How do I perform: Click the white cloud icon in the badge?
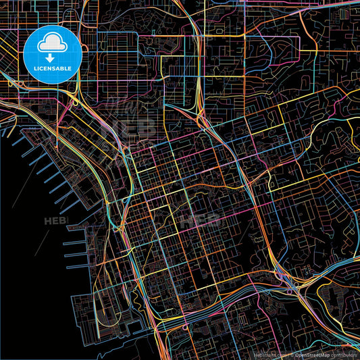pos(52,44)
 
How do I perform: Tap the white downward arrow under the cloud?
pos(52,58)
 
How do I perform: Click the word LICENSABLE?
pos(52,68)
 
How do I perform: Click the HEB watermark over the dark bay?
pos(54,221)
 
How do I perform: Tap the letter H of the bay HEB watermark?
pos(47,221)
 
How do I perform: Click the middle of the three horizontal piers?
pos(76,251)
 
